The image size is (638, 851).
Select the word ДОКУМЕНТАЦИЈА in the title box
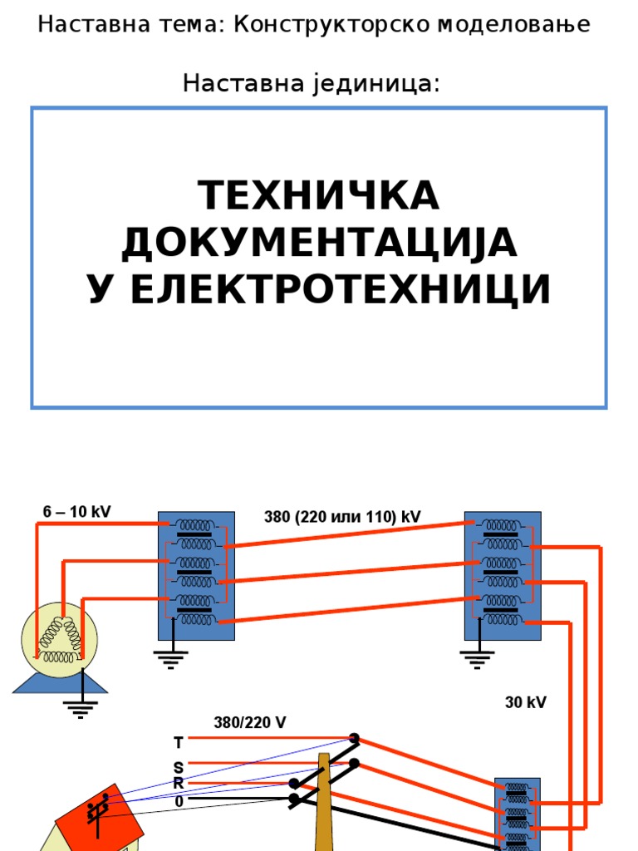(319, 243)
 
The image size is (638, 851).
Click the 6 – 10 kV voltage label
(76, 512)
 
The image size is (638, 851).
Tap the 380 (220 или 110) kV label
(342, 517)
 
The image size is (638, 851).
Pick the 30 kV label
(526, 703)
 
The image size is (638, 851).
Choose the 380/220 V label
(250, 723)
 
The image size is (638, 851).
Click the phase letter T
(178, 742)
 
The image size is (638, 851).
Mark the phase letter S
(178, 767)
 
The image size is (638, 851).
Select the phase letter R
(178, 784)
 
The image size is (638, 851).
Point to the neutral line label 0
(179, 802)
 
